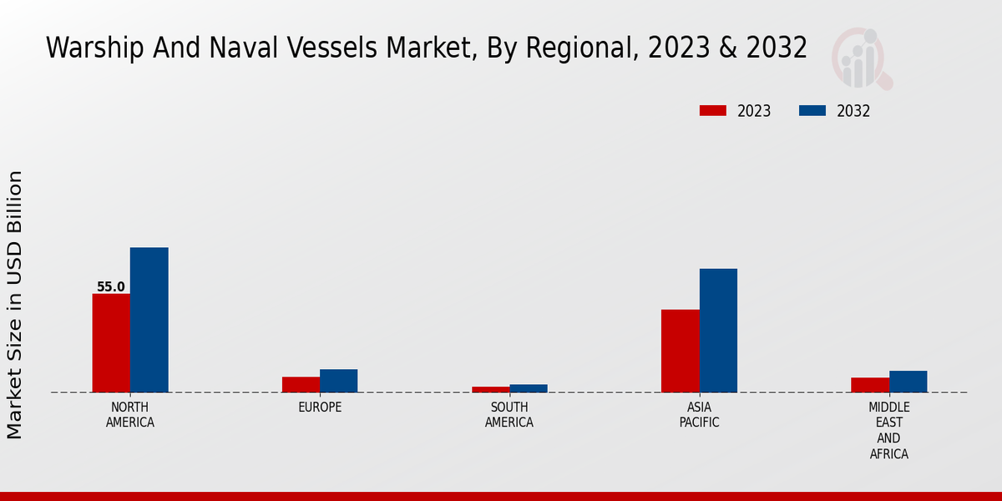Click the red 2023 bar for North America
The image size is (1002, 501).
coord(111,342)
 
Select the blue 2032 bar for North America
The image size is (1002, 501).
coord(149,320)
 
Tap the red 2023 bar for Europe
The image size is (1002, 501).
coord(301,384)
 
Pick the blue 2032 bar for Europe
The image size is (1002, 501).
coord(338,381)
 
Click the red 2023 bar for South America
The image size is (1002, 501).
coord(490,389)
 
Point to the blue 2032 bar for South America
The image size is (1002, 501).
coord(529,388)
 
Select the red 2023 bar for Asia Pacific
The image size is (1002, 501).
coord(680,351)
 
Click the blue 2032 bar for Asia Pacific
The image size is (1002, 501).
coord(718,330)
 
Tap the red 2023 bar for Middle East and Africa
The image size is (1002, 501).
coord(869,385)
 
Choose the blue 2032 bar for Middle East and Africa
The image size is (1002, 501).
coord(908,382)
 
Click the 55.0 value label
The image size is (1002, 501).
coord(111,287)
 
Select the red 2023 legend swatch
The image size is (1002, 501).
coord(712,111)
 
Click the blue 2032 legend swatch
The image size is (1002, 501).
coord(812,111)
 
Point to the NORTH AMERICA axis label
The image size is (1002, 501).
coord(130,415)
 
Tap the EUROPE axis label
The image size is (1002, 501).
coord(320,407)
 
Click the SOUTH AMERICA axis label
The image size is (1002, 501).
coord(509,415)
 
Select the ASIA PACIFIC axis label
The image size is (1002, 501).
coord(699,415)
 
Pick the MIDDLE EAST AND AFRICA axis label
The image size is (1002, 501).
coord(888,431)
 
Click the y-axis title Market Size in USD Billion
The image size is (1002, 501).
coord(15,305)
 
